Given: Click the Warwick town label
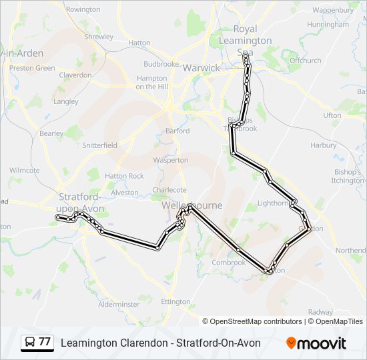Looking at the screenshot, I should (201, 68).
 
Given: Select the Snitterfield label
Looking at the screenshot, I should (99, 145).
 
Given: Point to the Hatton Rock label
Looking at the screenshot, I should (124, 176).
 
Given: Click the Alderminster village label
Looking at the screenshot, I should (119, 304).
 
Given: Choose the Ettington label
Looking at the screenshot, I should (175, 301).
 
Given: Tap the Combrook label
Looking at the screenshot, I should (229, 262).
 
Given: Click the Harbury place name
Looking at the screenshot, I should (324, 145).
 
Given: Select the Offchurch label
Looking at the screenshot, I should (305, 60).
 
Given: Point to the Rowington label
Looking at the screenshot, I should (83, 10).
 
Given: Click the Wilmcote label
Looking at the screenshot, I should (25, 170).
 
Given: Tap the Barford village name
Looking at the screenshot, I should (177, 131).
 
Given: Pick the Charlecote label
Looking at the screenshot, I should (169, 189).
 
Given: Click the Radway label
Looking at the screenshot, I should (320, 312).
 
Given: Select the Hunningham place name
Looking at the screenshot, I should (328, 25).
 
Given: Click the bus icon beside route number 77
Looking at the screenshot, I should (29, 343).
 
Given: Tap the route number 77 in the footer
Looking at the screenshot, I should (45, 342).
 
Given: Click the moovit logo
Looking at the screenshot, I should (316, 343).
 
